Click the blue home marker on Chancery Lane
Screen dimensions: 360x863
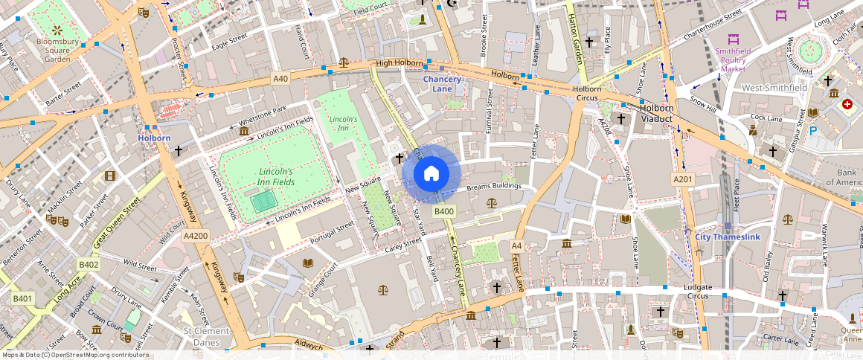tap(431, 174)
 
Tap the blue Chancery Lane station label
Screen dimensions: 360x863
tap(442, 84)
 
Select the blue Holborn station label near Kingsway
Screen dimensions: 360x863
tap(154, 138)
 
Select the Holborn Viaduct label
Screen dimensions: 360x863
tap(657, 113)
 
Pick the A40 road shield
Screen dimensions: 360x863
tap(280, 78)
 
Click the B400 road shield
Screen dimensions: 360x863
tap(444, 212)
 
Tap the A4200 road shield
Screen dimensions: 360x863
tap(196, 236)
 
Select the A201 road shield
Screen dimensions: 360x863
tap(683, 179)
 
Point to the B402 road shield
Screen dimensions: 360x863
tap(89, 265)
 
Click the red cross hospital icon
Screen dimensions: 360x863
tap(847, 105)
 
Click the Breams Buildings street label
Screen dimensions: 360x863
tap(494, 186)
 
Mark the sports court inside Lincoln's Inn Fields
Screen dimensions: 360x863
tap(262, 201)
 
